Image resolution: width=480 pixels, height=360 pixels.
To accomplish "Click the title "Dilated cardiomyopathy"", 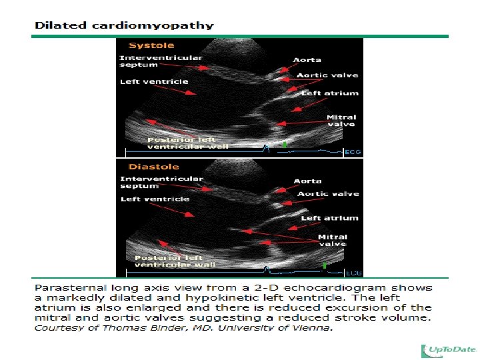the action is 124,25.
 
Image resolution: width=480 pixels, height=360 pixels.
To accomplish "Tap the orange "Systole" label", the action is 151,45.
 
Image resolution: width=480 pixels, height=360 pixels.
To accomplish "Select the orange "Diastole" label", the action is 154,167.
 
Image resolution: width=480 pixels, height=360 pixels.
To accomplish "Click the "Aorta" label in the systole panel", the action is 307,60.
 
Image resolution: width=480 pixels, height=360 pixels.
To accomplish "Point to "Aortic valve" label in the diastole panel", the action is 328,194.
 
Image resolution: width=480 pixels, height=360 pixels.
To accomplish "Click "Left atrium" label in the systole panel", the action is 330,93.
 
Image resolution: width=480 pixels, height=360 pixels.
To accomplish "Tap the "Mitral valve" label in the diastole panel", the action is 333,241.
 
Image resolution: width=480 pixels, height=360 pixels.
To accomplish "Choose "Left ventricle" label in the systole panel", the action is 154,82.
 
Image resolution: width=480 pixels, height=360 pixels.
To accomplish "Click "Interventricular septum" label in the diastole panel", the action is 161,183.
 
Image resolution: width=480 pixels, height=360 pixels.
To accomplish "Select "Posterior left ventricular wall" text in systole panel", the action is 187,143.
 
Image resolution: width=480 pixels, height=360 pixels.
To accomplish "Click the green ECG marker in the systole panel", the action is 285,145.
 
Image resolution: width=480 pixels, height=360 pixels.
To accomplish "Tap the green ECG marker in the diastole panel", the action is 325,266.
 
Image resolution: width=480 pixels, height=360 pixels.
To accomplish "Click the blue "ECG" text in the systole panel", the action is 353,152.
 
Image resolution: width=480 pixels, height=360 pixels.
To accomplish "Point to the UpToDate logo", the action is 449,351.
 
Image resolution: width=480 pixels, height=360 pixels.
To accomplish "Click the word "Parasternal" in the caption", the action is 70,288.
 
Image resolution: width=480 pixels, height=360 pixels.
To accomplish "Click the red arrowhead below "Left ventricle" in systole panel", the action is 191,93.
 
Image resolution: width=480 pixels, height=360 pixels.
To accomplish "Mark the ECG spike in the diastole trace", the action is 266,270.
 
